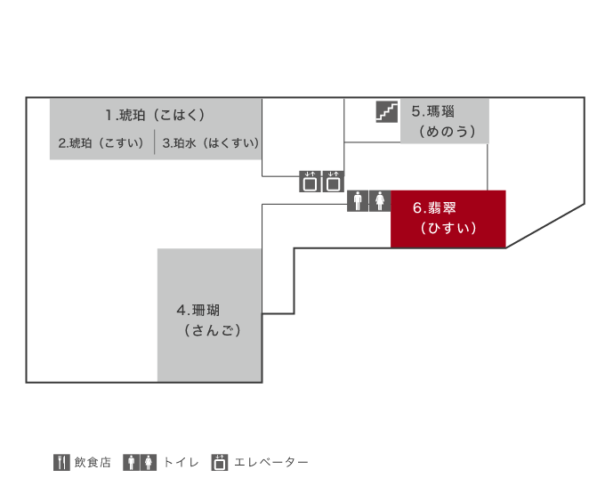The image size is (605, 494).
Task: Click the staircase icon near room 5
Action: coord(387,111)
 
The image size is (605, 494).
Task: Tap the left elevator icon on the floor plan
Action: coord(310,182)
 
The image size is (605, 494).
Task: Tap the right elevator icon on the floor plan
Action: coord(333,182)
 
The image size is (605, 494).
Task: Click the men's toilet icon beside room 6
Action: coord(358,201)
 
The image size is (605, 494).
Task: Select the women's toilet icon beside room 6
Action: coord(380,201)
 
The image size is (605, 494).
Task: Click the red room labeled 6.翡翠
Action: coord(448,219)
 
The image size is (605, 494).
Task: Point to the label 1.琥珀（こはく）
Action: coord(155,115)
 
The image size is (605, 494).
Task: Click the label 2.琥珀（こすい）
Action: coord(101,143)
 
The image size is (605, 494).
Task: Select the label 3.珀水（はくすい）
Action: coord(211,143)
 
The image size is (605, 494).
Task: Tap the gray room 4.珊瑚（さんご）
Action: coord(209,315)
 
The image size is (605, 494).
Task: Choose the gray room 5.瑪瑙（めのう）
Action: coord(445,121)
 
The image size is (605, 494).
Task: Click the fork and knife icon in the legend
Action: coord(61,462)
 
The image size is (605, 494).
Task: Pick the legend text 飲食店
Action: coord(93,462)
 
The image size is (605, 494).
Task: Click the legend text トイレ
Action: coord(181,462)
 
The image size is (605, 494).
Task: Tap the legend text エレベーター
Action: coord(271,462)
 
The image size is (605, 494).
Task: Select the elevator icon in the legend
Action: coord(220,462)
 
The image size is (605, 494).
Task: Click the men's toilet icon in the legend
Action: coord(131,462)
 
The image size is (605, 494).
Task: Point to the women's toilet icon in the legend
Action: coord(149,462)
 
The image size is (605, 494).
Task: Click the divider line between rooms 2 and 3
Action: coord(155,142)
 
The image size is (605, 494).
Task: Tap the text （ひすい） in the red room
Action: coord(448,228)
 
